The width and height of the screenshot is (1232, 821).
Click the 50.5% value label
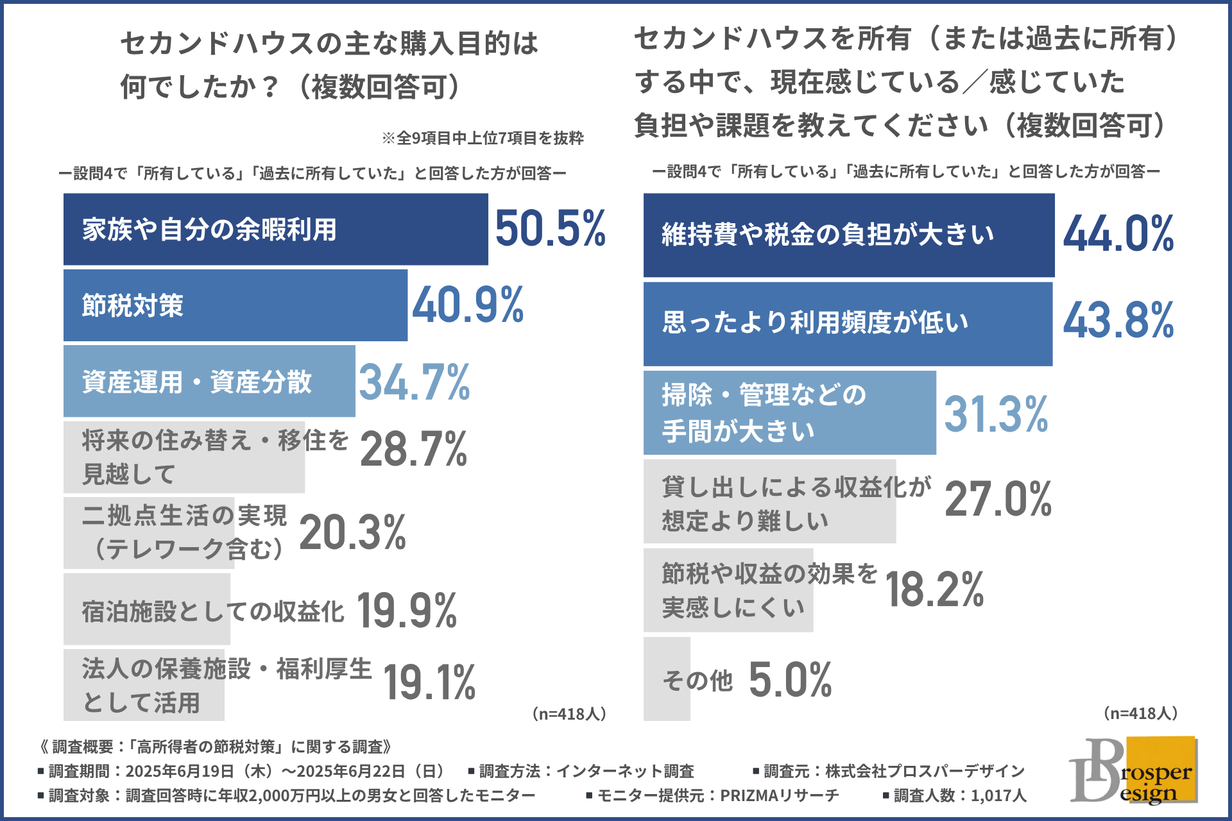[550, 229]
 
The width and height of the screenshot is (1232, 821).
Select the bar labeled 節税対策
[235, 305]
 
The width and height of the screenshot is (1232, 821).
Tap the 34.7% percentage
[414, 382]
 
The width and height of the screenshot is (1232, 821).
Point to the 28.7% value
[414, 449]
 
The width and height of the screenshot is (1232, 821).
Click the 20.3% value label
[352, 533]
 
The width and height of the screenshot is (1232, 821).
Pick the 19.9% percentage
[407, 611]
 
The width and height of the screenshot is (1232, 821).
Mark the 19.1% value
[429, 682]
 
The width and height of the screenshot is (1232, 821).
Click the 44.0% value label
[1118, 234]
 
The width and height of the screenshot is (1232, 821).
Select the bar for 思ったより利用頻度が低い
[847, 324]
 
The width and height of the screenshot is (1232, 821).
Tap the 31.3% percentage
[996, 414]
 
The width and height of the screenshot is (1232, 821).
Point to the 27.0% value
[998, 500]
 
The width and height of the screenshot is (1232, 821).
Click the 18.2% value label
[934, 589]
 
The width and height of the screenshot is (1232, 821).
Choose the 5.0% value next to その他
[790, 680]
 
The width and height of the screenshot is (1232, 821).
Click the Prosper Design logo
[1133, 770]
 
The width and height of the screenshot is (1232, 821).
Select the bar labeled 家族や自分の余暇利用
[275, 229]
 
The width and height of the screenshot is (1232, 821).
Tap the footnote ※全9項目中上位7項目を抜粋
[483, 138]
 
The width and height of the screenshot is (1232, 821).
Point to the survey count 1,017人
[998, 795]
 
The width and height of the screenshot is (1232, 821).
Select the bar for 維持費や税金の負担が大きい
[848, 235]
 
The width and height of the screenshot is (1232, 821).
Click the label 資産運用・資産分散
[196, 382]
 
